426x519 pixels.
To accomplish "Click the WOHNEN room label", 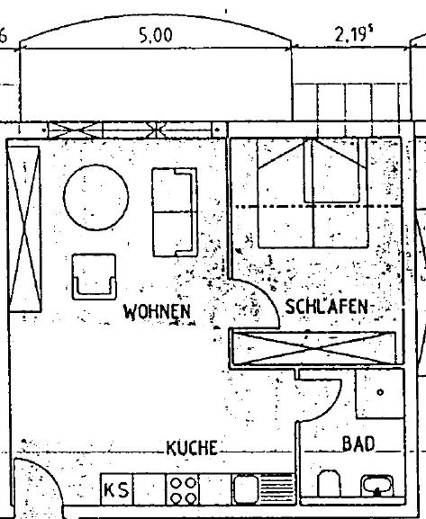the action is [x=157, y=311].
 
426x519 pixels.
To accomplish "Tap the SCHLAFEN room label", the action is [x=327, y=307].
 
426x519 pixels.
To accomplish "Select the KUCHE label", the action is [x=192, y=448].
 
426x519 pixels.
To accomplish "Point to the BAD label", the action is [x=358, y=443].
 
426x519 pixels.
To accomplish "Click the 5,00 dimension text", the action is [x=156, y=35].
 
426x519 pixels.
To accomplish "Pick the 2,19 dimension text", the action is [x=353, y=34].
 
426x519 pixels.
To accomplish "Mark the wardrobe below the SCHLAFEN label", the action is [x=314, y=348].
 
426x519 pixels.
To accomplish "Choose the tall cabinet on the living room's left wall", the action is [x=24, y=229].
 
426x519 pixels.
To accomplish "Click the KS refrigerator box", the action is [x=116, y=490].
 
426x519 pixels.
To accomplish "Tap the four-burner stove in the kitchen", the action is [x=182, y=490].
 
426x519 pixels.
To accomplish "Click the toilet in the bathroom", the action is [x=329, y=484].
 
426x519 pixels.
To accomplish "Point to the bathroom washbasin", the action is [x=377, y=486].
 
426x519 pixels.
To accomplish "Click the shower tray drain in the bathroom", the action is [x=380, y=392].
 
